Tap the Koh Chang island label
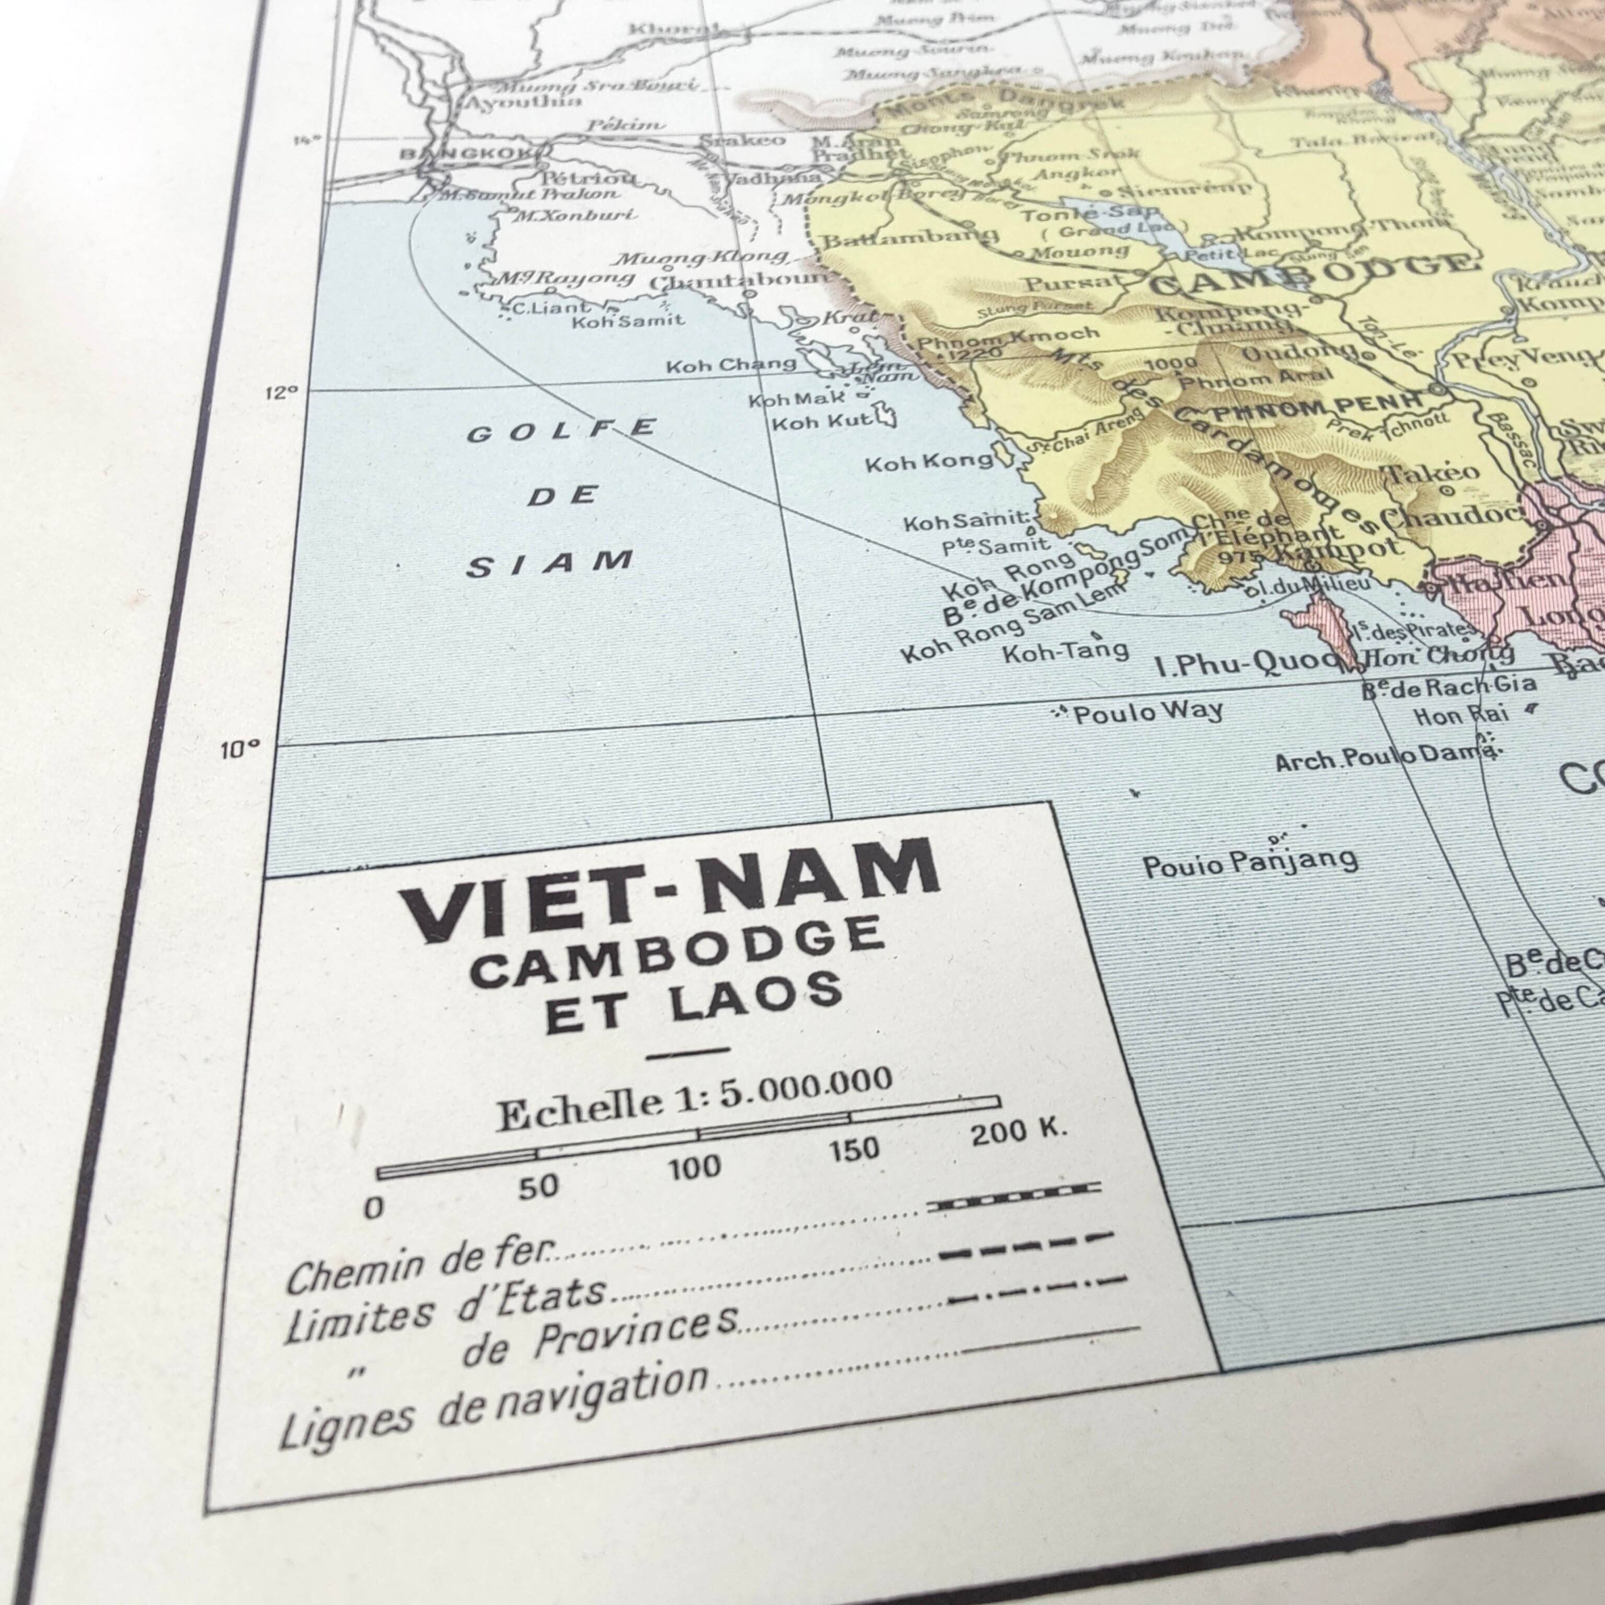(x=731, y=364)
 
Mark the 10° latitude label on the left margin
(x=240, y=750)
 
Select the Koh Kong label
(x=929, y=462)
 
